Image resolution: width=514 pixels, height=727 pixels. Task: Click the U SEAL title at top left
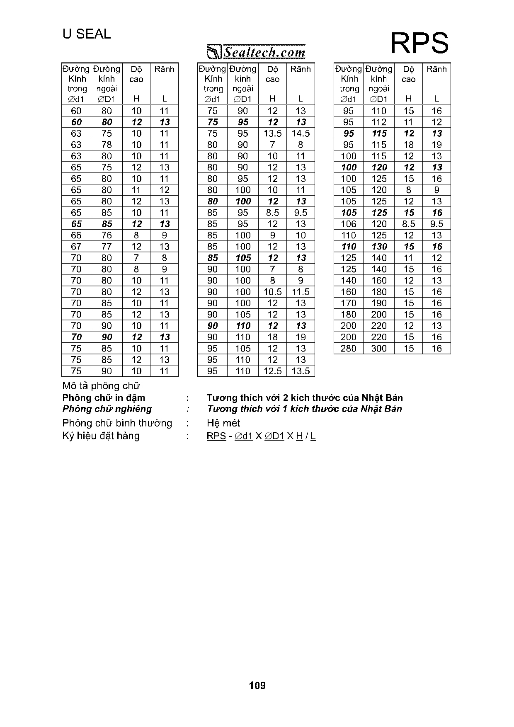click(87, 34)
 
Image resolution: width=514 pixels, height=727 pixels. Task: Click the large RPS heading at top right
click(419, 44)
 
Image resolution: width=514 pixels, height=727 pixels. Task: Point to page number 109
click(257, 685)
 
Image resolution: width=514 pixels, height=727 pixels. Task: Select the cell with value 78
click(107, 145)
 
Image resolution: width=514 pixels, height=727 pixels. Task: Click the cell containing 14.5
click(301, 133)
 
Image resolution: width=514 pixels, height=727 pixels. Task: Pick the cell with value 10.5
click(272, 292)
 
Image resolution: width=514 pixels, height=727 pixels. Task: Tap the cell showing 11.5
click(301, 292)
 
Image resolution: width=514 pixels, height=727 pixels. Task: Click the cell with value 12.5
click(272, 371)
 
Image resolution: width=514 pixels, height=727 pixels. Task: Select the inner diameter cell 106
click(349, 224)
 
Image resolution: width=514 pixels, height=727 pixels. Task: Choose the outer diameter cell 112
click(379, 122)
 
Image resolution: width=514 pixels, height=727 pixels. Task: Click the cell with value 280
click(349, 348)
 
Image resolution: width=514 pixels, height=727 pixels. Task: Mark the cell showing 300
click(379, 348)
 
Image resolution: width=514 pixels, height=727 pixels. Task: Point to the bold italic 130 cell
click(379, 247)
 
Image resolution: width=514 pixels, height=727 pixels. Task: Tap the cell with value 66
click(76, 235)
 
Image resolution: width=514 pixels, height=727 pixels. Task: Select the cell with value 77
click(107, 247)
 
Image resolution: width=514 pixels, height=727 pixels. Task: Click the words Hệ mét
click(223, 423)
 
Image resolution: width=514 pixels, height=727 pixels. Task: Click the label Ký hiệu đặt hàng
click(101, 436)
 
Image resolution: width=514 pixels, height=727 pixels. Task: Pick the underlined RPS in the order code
click(216, 436)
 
